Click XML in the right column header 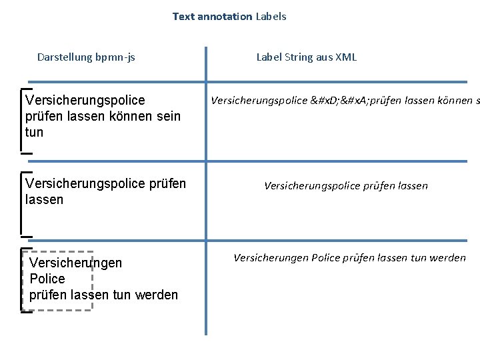tap(346, 57)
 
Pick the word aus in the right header tap(324, 57)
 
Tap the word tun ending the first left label tap(34, 132)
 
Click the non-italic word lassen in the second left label tap(43, 199)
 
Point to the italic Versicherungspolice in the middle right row tap(313, 186)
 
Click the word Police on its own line tap(47, 279)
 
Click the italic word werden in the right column tap(449, 258)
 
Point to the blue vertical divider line tap(206, 200)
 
